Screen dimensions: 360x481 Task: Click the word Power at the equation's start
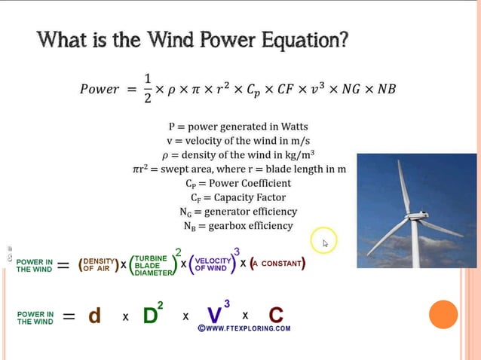click(100, 90)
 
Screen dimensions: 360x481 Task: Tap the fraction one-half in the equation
click(148, 88)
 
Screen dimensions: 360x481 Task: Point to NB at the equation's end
click(386, 89)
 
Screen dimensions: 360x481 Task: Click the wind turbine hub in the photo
click(412, 217)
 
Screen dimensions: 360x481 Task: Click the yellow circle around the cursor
click(324, 242)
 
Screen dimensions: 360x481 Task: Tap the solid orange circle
click(443, 314)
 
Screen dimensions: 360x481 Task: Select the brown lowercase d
click(94, 316)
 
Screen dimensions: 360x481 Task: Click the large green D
click(150, 316)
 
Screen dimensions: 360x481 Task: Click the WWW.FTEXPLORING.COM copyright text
click(244, 328)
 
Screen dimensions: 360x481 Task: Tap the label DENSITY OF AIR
click(100, 264)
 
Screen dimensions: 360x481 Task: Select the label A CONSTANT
click(278, 264)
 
